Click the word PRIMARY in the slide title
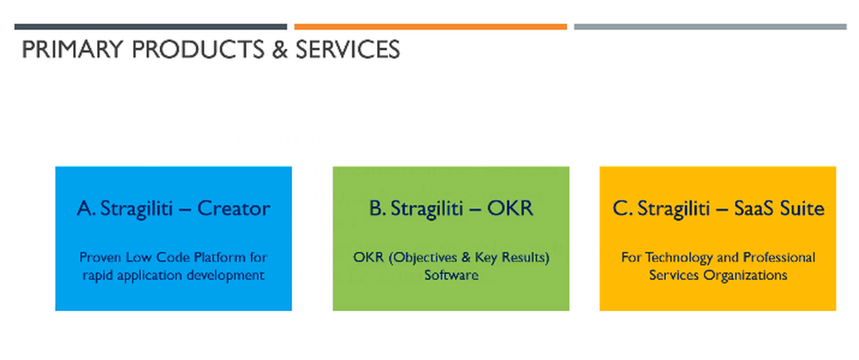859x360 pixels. point(72,49)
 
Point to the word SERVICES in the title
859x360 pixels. point(348,49)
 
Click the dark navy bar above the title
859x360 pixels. point(150,27)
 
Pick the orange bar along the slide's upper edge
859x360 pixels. point(430,27)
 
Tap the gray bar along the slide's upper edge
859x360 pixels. point(710,27)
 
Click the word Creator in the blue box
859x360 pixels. point(234,209)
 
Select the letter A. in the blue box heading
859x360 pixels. point(87,209)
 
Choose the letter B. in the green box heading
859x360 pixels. point(377,209)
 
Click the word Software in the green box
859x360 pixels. point(452,275)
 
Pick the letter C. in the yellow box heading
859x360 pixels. point(622,209)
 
